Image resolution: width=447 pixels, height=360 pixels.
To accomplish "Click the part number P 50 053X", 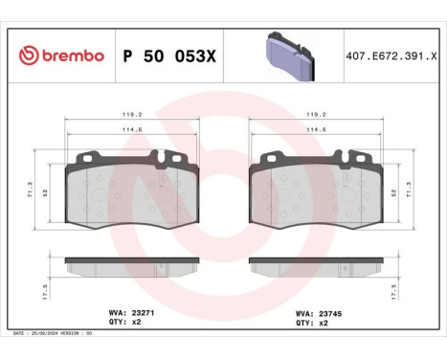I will pyautogui.click(x=169, y=56).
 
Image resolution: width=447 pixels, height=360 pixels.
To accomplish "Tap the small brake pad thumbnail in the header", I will pyautogui.click(x=286, y=55).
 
